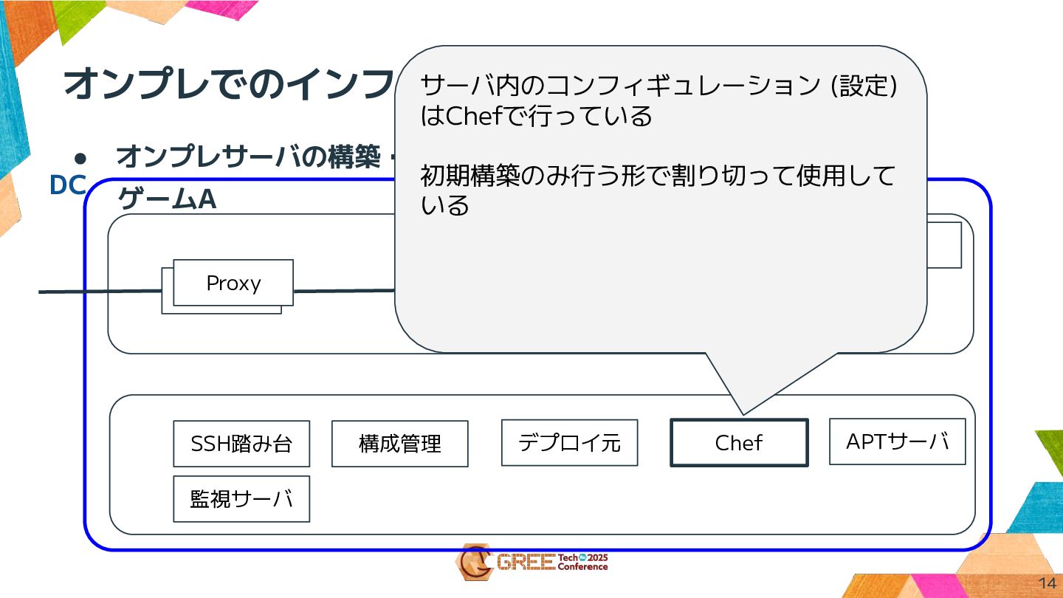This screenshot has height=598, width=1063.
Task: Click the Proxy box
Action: coord(233,283)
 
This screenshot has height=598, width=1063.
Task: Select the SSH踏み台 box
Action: coord(241,444)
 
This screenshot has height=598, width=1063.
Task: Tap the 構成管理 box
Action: coord(399,444)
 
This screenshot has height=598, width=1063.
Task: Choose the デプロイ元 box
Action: coord(569,443)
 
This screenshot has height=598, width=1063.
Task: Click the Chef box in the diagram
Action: coord(739,443)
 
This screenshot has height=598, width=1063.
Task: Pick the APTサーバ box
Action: coord(897,441)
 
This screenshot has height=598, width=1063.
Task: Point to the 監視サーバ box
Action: coord(241,499)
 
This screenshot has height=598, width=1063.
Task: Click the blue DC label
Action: coord(67,186)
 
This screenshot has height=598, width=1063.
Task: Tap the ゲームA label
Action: coord(167,199)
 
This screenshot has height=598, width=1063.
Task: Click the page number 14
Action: coord(1047,582)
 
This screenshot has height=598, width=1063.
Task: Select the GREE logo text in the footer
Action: coord(526,563)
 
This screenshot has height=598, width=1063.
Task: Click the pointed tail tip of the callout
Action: coord(743,413)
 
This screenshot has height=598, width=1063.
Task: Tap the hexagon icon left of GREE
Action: coord(473,563)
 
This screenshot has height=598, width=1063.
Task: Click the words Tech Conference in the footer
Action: coord(582,563)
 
